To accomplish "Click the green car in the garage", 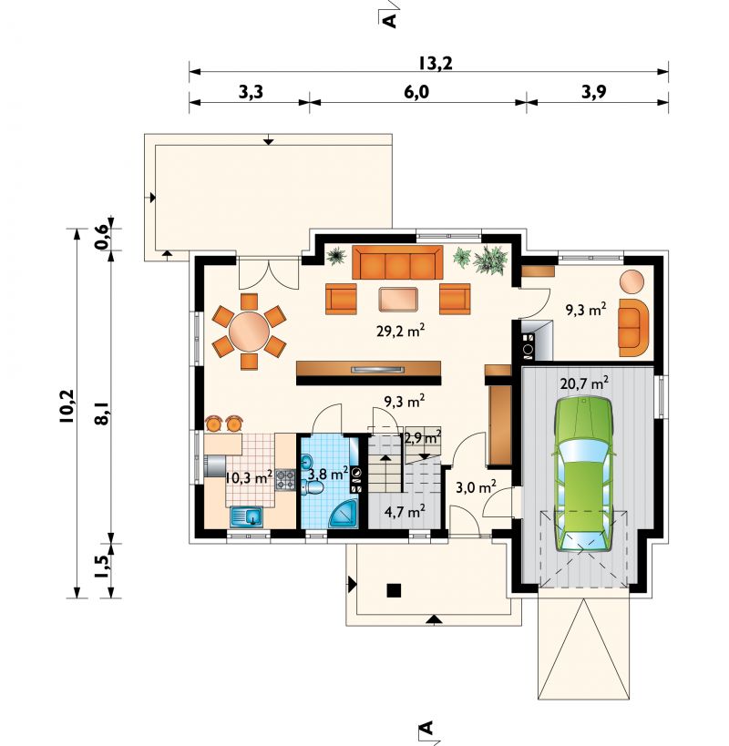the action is click(583, 475).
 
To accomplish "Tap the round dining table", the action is click(249, 332).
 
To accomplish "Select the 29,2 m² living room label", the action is click(400, 332).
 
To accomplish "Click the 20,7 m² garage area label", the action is click(584, 383).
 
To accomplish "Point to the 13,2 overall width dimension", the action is click(436, 63).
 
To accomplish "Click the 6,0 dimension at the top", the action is click(416, 92).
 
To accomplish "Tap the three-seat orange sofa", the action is click(397, 262).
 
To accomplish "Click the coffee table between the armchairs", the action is click(398, 300).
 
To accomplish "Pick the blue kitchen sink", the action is click(246, 516).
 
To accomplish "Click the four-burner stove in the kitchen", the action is click(285, 480).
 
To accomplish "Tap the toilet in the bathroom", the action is click(313, 487).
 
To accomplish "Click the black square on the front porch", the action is click(394, 590).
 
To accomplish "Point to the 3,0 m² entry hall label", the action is click(476, 487).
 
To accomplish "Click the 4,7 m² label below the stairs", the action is click(405, 512).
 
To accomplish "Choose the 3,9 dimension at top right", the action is click(594, 92).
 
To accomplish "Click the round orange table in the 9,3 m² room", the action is click(631, 281).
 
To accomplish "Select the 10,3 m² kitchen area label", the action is click(249, 476).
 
